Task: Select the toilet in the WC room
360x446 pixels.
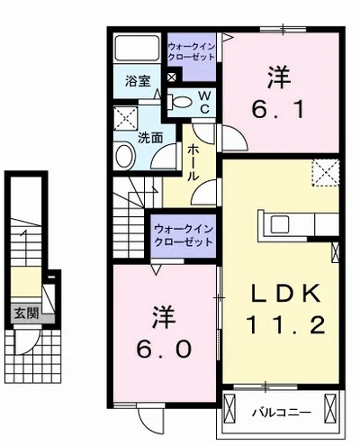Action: (178, 101)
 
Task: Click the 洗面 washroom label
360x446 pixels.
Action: (149, 138)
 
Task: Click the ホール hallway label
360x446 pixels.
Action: (193, 164)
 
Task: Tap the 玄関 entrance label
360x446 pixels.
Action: (25, 314)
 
